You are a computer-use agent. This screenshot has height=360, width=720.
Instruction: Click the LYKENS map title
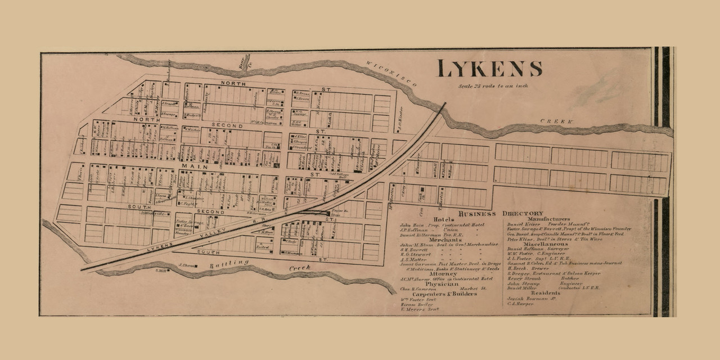pos(489,68)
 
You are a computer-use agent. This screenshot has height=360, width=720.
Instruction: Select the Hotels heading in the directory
pos(444,219)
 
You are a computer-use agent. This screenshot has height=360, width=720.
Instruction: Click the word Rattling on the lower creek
pos(231,264)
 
